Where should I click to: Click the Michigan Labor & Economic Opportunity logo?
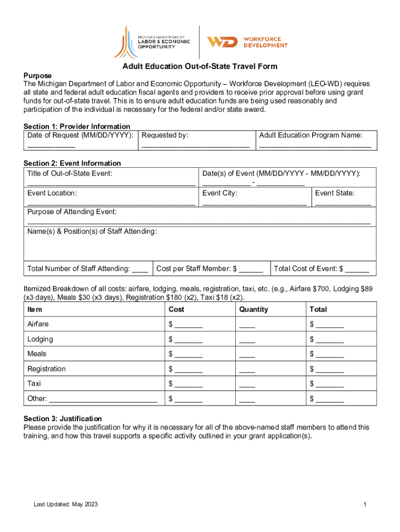[152, 42]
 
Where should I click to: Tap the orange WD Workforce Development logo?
[247, 42]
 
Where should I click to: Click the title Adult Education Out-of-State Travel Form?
[200, 66]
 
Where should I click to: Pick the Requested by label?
[165, 135]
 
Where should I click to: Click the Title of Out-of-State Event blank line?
[111, 183]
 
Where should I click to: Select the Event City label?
[220, 193]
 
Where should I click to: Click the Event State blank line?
[343, 203]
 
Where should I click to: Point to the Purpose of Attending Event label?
[72, 212]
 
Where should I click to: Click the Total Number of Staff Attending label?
[78, 269]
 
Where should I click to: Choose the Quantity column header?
[254, 309]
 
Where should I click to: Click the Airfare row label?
[39, 324]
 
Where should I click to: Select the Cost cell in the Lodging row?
[185, 339]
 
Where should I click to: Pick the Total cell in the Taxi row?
[327, 384]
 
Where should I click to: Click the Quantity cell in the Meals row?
[247, 354]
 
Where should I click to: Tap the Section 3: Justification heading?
[63, 418]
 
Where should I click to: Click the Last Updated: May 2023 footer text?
[66, 504]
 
